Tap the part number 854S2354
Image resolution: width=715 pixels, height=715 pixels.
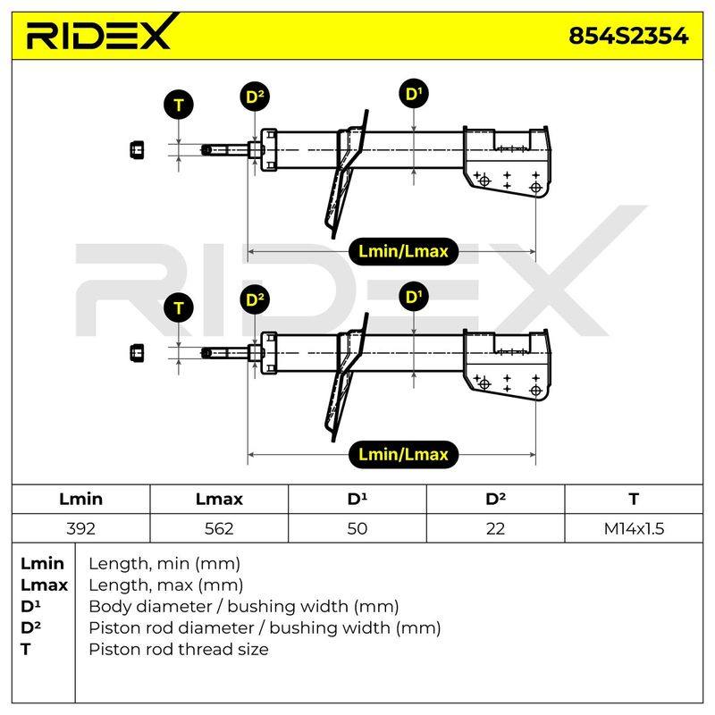[x=628, y=36]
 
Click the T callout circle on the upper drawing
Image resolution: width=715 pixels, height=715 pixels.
[x=179, y=105]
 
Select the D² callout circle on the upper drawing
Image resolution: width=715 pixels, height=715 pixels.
[x=255, y=97]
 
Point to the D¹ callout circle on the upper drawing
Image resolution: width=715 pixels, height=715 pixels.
[x=414, y=94]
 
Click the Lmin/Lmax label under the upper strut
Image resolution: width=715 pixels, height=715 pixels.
[x=403, y=251]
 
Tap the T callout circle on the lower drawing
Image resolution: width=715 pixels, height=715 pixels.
[x=179, y=308]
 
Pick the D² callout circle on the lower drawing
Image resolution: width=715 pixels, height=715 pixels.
[x=255, y=299]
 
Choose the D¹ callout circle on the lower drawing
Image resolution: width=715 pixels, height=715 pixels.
[x=414, y=297]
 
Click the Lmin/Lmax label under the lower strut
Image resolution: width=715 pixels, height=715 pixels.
[x=403, y=455]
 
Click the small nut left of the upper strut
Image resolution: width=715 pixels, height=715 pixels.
[x=137, y=149]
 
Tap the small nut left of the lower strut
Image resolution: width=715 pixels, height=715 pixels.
[x=137, y=353]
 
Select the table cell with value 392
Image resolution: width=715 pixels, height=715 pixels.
[x=80, y=528]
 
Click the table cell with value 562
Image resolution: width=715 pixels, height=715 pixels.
[x=219, y=528]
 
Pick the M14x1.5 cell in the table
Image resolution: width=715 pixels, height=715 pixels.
[x=634, y=528]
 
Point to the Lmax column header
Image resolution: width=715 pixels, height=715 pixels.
[x=219, y=499]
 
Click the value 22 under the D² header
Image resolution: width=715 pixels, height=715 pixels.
[x=495, y=528]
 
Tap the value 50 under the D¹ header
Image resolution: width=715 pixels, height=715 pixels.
[x=357, y=528]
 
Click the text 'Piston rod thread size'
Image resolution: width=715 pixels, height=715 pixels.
[x=178, y=650]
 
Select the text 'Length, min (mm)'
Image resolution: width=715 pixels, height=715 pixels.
[x=164, y=564]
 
